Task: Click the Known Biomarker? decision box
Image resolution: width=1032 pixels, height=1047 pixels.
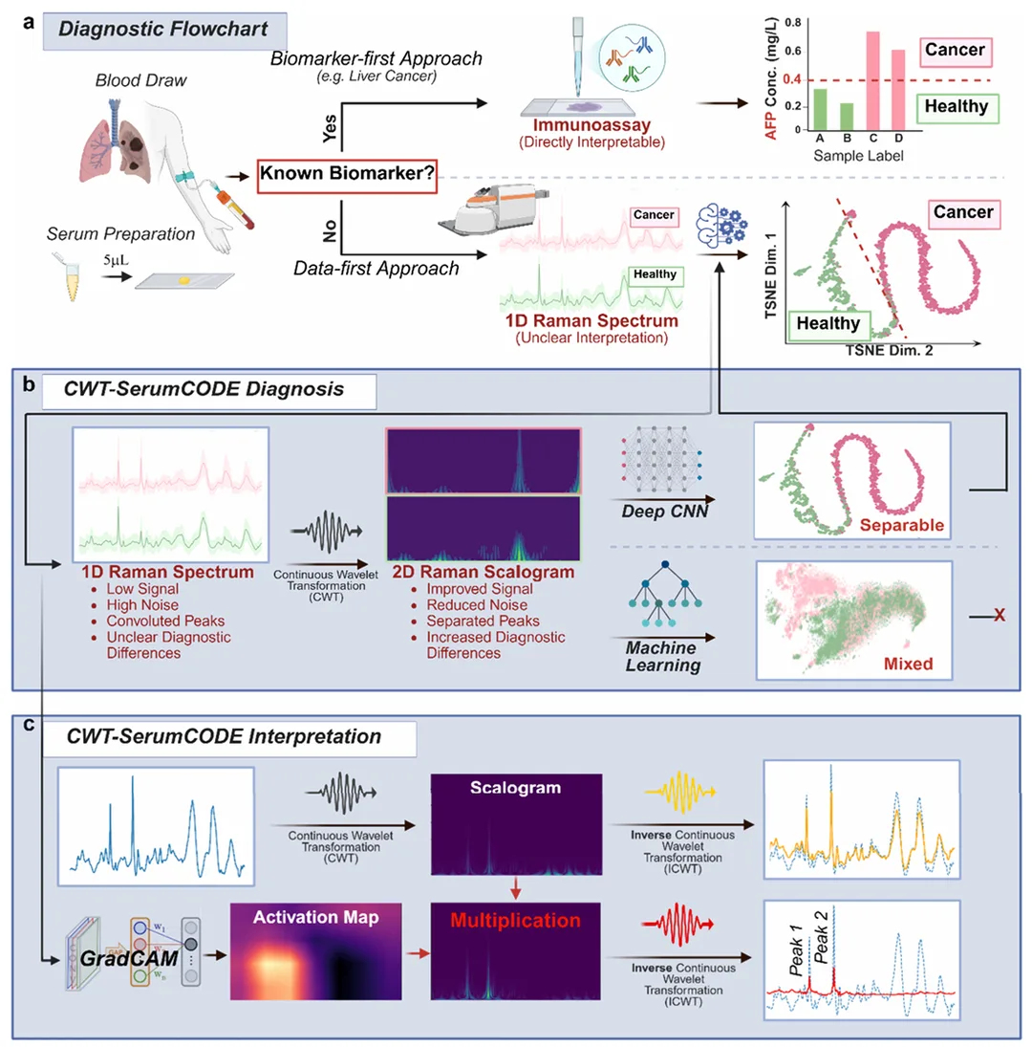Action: click(x=347, y=175)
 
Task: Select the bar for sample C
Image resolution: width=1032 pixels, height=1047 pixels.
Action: click(x=872, y=80)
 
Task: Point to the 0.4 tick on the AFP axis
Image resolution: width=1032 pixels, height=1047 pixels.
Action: click(x=792, y=79)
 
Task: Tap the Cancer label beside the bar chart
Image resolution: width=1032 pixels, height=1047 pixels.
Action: click(x=956, y=51)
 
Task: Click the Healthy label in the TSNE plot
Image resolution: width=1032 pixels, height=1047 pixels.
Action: click(x=828, y=324)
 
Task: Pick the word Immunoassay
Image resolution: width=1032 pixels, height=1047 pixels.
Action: click(x=591, y=125)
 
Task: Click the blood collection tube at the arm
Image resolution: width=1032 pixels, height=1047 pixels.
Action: click(x=234, y=207)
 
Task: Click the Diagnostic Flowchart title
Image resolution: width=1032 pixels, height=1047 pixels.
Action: click(x=163, y=30)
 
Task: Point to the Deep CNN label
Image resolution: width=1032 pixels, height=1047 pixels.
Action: click(x=664, y=512)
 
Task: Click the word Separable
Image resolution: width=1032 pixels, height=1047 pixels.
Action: click(x=901, y=526)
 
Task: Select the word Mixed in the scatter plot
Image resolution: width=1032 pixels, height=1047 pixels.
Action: click(x=908, y=664)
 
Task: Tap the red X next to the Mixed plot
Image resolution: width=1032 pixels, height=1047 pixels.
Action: click(x=999, y=615)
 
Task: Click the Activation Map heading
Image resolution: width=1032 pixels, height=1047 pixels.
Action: click(x=315, y=918)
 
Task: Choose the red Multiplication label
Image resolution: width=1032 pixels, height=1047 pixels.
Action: click(x=515, y=920)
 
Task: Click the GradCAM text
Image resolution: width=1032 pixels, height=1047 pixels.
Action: click(x=129, y=959)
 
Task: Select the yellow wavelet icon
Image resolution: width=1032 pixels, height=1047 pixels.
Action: click(x=680, y=792)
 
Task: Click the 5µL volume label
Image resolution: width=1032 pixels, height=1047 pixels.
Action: click(x=116, y=260)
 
